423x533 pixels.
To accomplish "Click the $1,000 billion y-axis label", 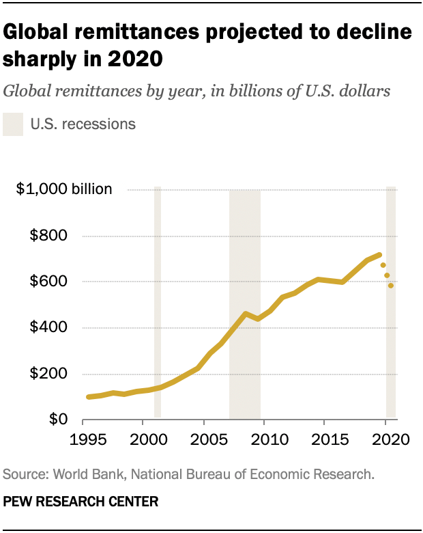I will pos(64,189).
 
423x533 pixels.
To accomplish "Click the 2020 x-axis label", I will pos(386,438).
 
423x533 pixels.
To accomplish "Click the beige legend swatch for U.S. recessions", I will pos(13,124).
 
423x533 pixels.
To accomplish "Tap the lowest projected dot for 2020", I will pos(391,286).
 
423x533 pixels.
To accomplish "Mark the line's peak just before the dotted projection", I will pos(379,255).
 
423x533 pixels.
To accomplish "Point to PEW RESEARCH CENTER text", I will pos(81,502).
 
